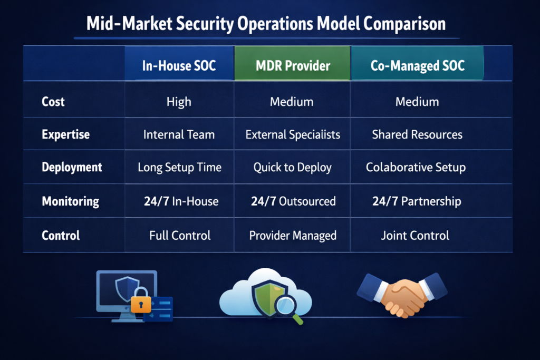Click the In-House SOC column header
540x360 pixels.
point(179,66)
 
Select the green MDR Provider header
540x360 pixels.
point(293,66)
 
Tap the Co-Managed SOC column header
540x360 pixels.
point(417,66)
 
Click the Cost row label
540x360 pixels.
point(53,101)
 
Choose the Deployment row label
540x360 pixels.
point(72,168)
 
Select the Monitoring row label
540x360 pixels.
point(70,201)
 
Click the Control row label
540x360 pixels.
point(61,235)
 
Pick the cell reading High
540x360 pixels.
point(179,101)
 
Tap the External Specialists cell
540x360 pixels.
point(293,134)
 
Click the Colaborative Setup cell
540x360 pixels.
point(416,168)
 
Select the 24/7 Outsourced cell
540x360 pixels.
point(293,201)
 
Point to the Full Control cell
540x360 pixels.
point(179,235)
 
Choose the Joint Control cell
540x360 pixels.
point(415,235)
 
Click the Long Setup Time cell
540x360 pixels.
point(179,168)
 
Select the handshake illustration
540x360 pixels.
point(402,295)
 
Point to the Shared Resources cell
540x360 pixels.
point(417,134)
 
